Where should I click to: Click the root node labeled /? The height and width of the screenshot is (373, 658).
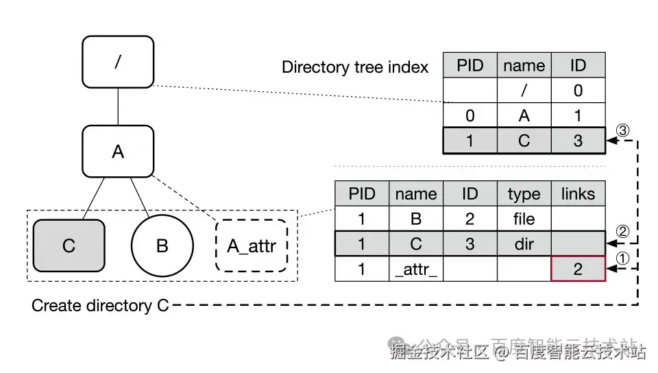[x=118, y=62]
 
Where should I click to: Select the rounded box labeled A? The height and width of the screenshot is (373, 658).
[x=118, y=151]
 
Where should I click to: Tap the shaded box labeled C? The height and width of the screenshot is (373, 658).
[x=69, y=245]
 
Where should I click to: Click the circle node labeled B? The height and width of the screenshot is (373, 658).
[x=162, y=245]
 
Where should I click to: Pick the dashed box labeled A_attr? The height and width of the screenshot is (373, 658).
[x=252, y=245]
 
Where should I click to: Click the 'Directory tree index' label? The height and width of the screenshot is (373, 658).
[x=355, y=67]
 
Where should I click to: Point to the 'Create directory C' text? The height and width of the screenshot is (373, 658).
[x=100, y=306]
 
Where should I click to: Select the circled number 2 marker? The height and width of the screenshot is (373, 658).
[x=622, y=231]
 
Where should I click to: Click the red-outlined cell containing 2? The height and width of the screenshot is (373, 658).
[x=578, y=269]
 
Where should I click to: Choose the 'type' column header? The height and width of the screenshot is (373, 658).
[x=524, y=194]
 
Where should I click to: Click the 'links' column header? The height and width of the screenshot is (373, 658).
[x=578, y=194]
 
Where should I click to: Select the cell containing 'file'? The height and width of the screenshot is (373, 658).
[x=524, y=219]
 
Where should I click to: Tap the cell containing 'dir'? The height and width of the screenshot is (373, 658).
[x=524, y=244]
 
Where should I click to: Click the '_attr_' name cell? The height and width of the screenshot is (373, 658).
[x=415, y=269]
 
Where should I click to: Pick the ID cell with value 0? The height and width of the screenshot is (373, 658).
[x=578, y=91]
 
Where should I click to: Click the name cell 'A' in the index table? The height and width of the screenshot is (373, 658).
[x=524, y=115]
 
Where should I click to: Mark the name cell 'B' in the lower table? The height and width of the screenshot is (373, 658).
[x=415, y=219]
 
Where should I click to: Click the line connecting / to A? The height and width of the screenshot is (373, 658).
[x=118, y=106]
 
